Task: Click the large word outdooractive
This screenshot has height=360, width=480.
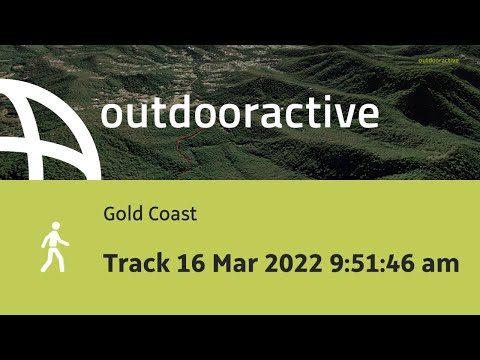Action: (x=239, y=113)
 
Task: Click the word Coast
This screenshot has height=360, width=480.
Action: (x=172, y=213)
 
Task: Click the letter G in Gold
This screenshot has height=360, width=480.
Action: (x=108, y=213)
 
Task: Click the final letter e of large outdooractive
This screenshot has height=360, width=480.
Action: (x=368, y=115)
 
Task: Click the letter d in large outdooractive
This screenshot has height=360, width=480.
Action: (x=177, y=113)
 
